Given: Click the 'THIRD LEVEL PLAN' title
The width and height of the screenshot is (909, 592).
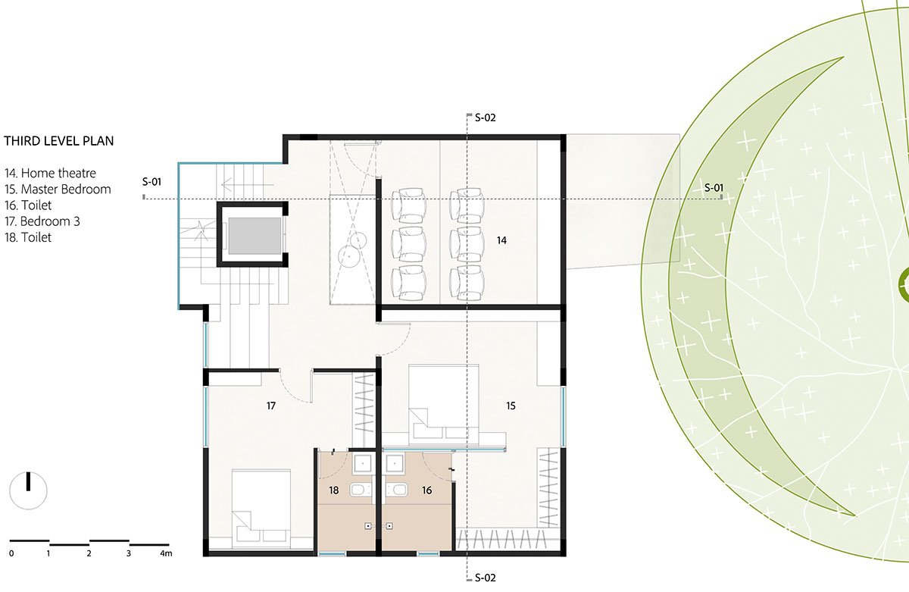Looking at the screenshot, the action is (x=59, y=141).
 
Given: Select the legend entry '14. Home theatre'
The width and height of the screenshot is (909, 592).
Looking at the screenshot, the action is (x=50, y=173).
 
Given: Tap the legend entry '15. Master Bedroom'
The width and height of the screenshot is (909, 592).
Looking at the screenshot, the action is (x=58, y=190).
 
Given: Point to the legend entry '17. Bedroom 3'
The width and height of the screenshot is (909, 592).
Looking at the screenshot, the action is (x=42, y=221).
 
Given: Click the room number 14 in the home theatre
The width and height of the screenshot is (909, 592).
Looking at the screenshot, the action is (x=501, y=240).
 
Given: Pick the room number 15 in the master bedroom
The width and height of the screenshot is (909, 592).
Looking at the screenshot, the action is (x=511, y=406).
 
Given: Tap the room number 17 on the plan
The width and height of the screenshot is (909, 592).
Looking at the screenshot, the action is (x=271, y=406).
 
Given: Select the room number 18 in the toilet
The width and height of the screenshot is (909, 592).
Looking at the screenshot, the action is (x=333, y=490).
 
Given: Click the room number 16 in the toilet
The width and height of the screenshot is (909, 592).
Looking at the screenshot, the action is (x=427, y=490).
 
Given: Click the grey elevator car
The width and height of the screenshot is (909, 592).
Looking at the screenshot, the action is (x=255, y=236).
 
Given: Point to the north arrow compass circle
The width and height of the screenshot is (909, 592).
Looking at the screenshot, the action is (x=28, y=490).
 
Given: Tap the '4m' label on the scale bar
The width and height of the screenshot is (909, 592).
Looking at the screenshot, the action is (x=166, y=553).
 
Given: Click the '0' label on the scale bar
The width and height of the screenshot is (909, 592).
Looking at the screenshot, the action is (x=11, y=553).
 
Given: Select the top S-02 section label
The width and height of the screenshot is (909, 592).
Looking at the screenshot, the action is (x=486, y=117).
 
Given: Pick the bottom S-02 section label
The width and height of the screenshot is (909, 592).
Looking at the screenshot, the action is (x=486, y=578).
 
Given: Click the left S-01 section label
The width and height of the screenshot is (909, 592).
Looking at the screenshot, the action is (x=151, y=182).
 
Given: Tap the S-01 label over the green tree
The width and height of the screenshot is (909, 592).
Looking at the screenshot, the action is (x=714, y=188).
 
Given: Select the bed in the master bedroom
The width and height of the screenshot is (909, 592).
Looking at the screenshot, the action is (x=444, y=406).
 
